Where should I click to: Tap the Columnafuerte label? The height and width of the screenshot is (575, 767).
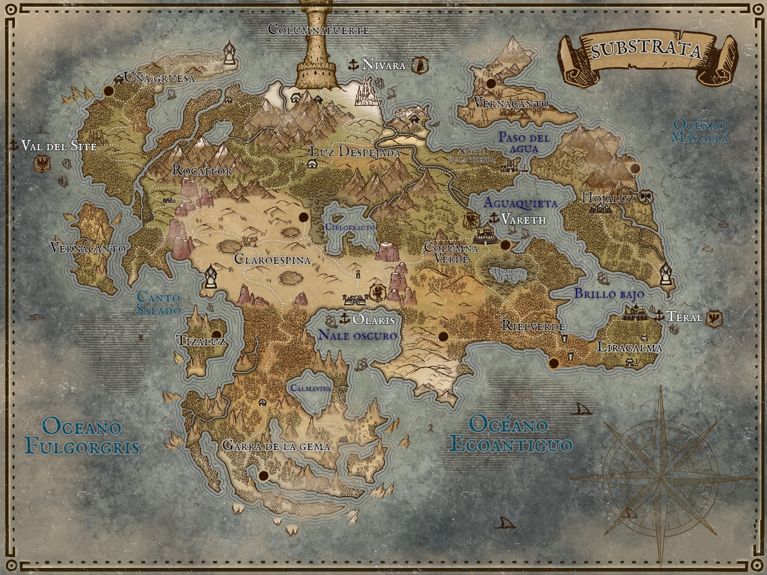(319, 30)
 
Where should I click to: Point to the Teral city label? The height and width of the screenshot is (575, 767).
(684, 317)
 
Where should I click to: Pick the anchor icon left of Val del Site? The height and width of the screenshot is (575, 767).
(14, 145)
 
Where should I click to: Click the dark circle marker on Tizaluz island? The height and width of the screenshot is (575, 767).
(216, 335)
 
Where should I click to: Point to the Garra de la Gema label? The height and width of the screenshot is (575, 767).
(276, 446)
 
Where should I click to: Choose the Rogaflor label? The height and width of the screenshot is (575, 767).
(202, 171)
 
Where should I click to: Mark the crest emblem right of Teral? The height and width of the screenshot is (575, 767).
(714, 319)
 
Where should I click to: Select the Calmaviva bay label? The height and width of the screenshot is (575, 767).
(310, 388)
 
